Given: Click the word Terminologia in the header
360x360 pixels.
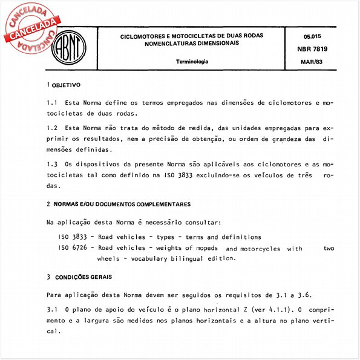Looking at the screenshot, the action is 192,62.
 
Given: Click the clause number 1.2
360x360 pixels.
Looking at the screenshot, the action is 51,129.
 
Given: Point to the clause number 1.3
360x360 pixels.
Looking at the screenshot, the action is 51,164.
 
